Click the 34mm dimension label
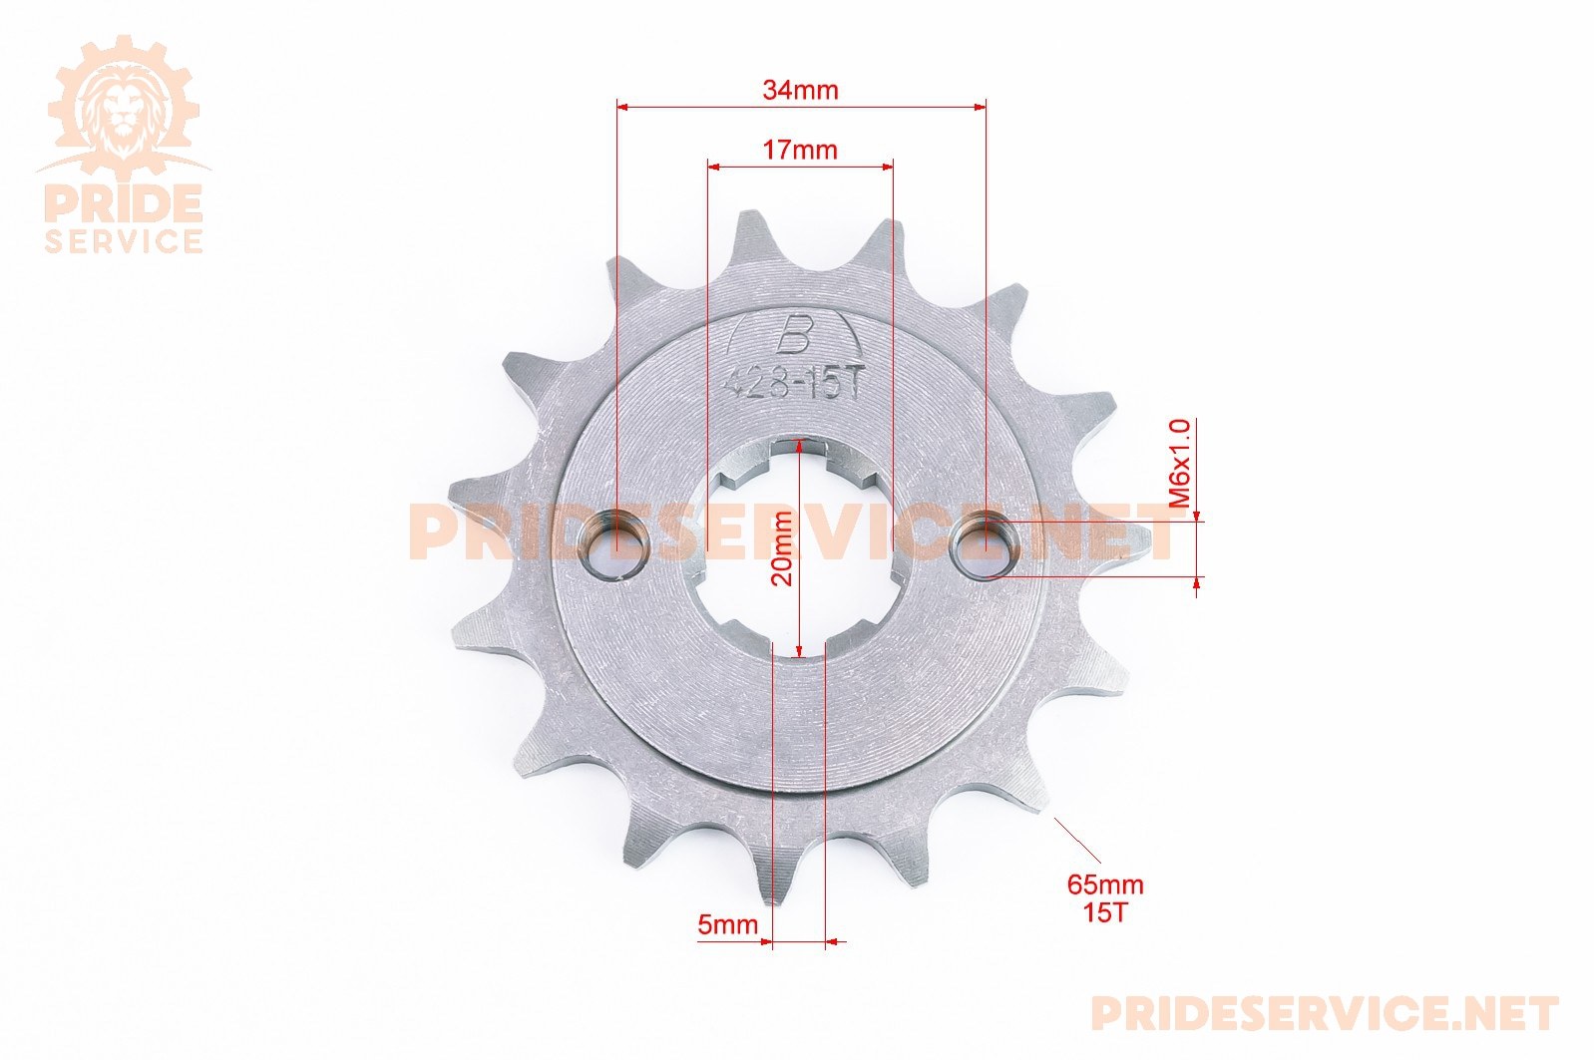pyautogui.click(x=801, y=91)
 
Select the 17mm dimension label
pyautogui.click(x=800, y=151)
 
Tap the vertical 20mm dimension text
pyautogui.click(x=782, y=548)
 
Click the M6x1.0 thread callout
pyautogui.click(x=1179, y=464)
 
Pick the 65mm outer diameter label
pyautogui.click(x=1105, y=884)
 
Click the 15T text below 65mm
pyautogui.click(x=1105, y=912)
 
